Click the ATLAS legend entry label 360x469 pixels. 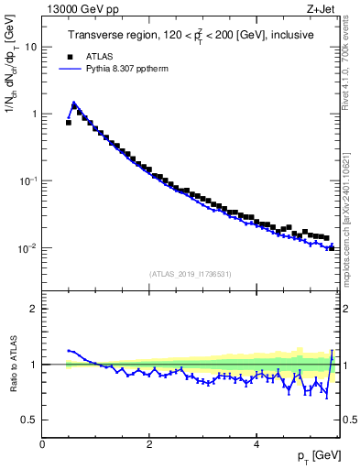coord(98,54)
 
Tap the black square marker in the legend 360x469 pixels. coord(67,54)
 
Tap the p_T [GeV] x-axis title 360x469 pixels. coord(319,457)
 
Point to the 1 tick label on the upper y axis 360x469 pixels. coord(35,115)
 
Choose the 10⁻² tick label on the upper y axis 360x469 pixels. coord(29,248)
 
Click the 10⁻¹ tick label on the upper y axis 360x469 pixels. coord(29,181)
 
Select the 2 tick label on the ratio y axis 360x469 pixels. coord(35,309)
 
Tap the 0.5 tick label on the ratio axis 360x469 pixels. coord(30,420)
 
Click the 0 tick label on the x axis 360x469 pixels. coord(42,444)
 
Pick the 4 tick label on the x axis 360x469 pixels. coord(256,444)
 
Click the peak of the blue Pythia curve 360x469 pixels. coord(73,103)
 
